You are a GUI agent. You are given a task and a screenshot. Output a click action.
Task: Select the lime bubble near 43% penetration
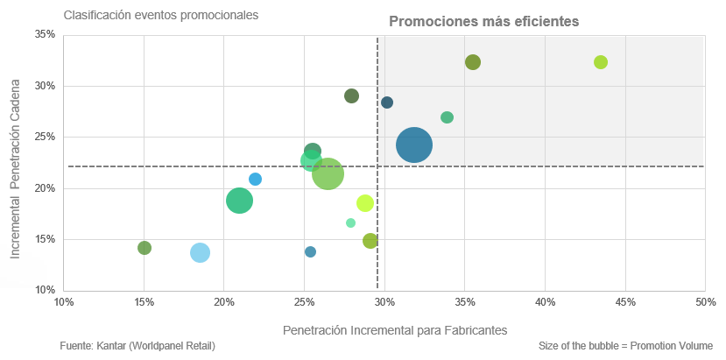[601, 62]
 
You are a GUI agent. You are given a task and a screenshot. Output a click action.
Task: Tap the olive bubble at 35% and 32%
[473, 62]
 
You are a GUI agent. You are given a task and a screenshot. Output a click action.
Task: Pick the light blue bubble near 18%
[201, 252]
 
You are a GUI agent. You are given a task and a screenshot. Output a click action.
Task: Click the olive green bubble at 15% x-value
[144, 248]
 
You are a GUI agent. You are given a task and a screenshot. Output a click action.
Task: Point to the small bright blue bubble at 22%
[256, 180]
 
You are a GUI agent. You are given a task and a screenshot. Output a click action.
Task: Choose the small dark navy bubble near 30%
[387, 102]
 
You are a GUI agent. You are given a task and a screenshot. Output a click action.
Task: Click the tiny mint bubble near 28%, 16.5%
[351, 223]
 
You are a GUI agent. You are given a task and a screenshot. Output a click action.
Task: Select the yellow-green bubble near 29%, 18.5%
[365, 203]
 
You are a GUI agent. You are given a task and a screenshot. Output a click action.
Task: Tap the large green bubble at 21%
[240, 201]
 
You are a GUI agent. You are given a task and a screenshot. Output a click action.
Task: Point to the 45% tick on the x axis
[625, 302]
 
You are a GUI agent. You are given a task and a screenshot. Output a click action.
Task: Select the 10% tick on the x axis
[64, 302]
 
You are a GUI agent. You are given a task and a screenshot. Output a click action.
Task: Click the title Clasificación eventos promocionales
[161, 15]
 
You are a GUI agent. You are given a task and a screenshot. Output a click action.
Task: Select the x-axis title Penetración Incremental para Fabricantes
[395, 329]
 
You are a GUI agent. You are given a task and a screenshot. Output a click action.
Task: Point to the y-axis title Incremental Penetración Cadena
[15, 165]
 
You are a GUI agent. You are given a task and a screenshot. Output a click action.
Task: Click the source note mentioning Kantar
[137, 346]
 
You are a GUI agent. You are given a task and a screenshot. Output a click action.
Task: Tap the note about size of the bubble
[626, 346]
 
